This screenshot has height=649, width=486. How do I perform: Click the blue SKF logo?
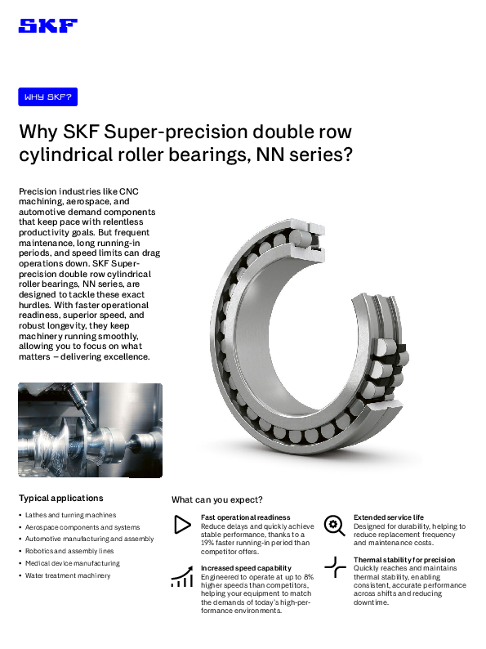(x=47, y=25)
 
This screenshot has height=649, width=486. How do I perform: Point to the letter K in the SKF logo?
(x=48, y=25)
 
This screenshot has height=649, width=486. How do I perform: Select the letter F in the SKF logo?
(x=68, y=25)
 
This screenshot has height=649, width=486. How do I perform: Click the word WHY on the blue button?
(x=33, y=97)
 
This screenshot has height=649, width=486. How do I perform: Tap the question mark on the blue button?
(x=69, y=97)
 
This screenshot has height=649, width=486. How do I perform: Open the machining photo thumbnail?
(x=89, y=429)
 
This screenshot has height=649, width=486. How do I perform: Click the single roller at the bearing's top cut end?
(x=301, y=238)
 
